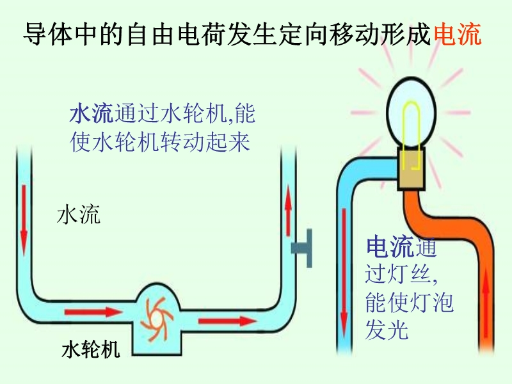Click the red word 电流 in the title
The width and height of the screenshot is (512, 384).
coord(458,34)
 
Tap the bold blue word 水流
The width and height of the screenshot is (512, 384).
coord(92,114)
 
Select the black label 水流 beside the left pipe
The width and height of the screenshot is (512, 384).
coord(78,215)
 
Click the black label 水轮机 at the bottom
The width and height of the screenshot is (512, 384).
coord(91,349)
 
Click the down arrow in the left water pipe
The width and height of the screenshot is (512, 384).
coord(24,220)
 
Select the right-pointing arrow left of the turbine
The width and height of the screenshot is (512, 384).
coord(93,312)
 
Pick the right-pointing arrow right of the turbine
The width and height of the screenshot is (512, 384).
coord(227,321)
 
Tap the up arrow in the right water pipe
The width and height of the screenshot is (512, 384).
coord(288,210)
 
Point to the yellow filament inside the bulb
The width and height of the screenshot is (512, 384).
coord(411,136)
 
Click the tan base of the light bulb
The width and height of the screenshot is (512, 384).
coord(411,169)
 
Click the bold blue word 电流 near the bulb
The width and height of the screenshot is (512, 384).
coord(390,247)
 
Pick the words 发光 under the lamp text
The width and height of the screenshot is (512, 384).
coord(387,330)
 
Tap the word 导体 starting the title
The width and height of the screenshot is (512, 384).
coord(47,34)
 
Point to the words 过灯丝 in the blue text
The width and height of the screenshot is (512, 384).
coord(397,273)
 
